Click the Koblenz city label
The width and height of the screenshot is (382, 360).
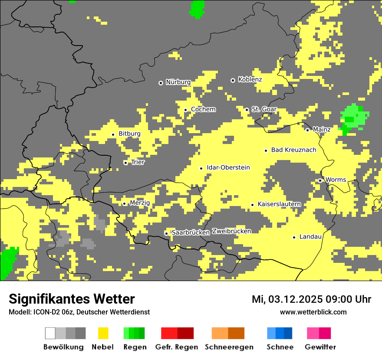coord(250,79)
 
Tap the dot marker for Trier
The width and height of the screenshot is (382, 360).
coord(126,163)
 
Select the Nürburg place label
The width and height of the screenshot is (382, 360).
coord(178,82)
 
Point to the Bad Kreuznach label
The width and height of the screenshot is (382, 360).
coord(293,150)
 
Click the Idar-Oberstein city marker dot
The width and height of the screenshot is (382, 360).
coord(201,168)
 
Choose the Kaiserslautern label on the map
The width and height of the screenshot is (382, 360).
coord(279,204)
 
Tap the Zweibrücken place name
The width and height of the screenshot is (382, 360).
coord(231,231)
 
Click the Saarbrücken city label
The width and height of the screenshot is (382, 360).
coord(191,232)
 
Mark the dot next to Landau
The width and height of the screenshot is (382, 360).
coord(294,237)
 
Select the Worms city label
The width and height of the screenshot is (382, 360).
coord(336,180)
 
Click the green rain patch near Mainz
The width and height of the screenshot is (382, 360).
coord(353,116)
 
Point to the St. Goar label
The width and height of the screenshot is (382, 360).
coord(264,109)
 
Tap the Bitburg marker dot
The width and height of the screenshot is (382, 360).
coord(113,134)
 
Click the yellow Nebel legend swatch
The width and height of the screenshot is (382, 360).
coord(103,333)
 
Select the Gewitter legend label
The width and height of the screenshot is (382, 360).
coord(320,347)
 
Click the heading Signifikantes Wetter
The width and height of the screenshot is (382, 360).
coord(72,299)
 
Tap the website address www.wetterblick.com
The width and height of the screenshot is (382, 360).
coord(313,312)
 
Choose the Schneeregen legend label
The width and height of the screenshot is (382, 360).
coord(229,347)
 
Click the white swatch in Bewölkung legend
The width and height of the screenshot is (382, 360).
coord(50,333)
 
